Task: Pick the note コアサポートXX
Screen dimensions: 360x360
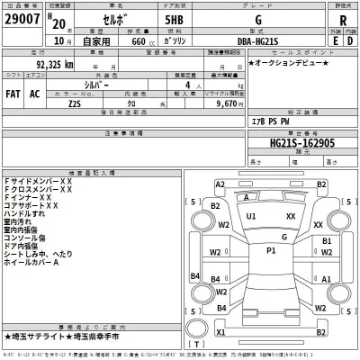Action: (x=31, y=205)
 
